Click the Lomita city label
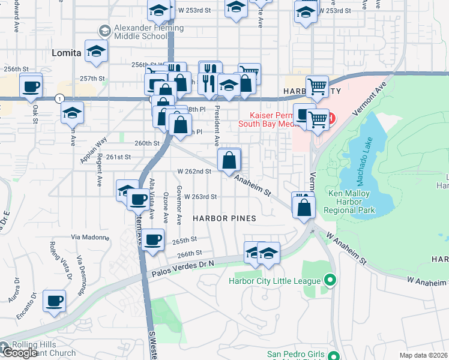(x=66, y=53)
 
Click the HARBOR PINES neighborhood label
(x=224, y=218)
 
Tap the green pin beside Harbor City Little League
(x=329, y=280)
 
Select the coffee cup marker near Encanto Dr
(x=55, y=301)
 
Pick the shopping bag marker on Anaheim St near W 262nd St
(x=230, y=161)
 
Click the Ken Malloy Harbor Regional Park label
(x=351, y=202)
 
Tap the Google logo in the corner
(x=19, y=353)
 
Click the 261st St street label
(x=118, y=157)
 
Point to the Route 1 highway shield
(x=59, y=98)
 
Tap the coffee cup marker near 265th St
(x=154, y=239)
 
